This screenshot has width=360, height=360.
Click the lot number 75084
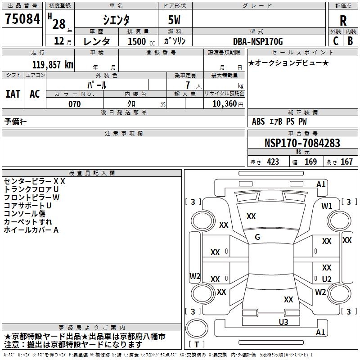(22, 19)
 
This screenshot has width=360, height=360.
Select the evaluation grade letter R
(343, 20)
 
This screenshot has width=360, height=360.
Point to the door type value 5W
(175, 20)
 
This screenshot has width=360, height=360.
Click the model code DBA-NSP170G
(258, 42)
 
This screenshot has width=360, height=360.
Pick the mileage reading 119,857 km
(53, 64)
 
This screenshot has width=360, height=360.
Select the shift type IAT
(13, 94)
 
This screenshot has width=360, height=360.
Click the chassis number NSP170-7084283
(302, 143)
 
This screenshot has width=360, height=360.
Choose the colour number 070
(74, 104)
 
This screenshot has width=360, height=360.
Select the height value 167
(346, 162)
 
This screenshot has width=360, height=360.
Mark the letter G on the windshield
(257, 237)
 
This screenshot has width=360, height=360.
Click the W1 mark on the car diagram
(327, 206)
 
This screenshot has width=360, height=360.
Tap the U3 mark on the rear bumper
(283, 321)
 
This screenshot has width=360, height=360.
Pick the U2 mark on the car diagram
(327, 279)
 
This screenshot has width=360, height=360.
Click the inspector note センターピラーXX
(35, 181)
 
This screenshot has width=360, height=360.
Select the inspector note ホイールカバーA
(31, 230)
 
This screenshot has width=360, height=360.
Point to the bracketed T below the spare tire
(197, 344)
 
